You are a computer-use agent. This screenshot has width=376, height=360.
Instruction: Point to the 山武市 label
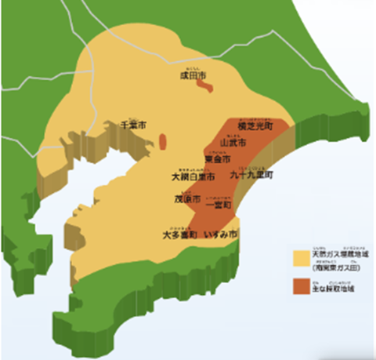tap(233, 144)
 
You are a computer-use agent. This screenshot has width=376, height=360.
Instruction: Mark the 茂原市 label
tap(187, 199)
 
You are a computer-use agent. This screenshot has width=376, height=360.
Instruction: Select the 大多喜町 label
tap(179, 235)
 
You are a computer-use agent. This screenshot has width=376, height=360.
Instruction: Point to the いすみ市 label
tap(221, 235)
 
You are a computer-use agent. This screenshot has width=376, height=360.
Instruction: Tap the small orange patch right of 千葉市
tap(162, 142)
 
